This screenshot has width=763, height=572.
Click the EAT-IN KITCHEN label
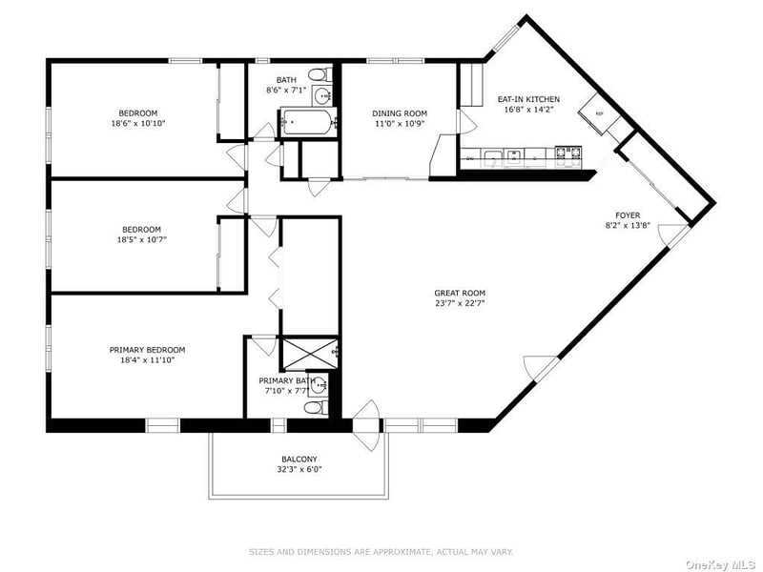tap(528, 99)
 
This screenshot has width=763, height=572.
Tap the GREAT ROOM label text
tap(460, 293)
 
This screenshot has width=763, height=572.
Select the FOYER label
tap(628, 215)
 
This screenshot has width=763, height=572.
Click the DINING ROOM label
tap(400, 113)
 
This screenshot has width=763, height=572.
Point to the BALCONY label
tap(299, 460)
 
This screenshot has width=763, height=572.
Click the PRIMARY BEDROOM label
tap(147, 350)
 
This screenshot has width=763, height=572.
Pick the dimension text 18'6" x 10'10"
tap(138, 124)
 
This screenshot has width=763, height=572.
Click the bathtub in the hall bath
tap(308, 122)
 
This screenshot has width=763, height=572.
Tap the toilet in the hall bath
tap(320, 75)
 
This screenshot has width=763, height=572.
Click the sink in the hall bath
tap(321, 96)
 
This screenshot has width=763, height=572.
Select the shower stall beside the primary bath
tap(310, 353)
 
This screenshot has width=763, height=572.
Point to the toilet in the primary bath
tap(316, 407)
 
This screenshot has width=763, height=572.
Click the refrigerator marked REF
tap(599, 114)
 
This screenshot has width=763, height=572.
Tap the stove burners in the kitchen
tap(568, 153)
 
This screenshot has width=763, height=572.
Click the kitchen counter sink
tap(502, 156)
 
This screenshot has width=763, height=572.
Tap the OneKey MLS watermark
tap(723, 564)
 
